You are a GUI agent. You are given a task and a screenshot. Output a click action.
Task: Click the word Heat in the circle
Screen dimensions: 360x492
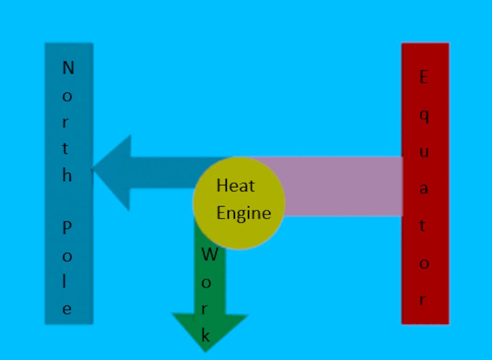pyautogui.click(x=236, y=186)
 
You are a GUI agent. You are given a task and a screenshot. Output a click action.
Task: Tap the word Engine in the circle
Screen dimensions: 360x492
pyautogui.click(x=244, y=213)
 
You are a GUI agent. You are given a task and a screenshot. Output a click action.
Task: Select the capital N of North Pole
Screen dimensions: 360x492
pyautogui.click(x=68, y=67)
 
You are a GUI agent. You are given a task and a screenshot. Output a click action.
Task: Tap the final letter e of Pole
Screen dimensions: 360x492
pyautogui.click(x=67, y=309)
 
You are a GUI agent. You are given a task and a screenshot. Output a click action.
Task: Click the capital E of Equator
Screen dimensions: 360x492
pyautogui.click(x=423, y=77)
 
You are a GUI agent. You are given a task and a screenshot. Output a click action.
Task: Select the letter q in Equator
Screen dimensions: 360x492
pyautogui.click(x=424, y=116)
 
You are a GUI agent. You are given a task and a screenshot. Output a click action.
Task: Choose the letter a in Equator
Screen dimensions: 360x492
pyautogui.click(x=423, y=189)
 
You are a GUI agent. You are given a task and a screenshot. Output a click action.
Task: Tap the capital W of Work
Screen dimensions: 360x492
pyautogui.click(x=210, y=255)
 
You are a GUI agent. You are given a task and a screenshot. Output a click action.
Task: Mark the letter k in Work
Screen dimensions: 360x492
pyautogui.click(x=206, y=336)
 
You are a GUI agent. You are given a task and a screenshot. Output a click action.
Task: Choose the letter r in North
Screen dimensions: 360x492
pyautogui.click(x=66, y=122)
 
